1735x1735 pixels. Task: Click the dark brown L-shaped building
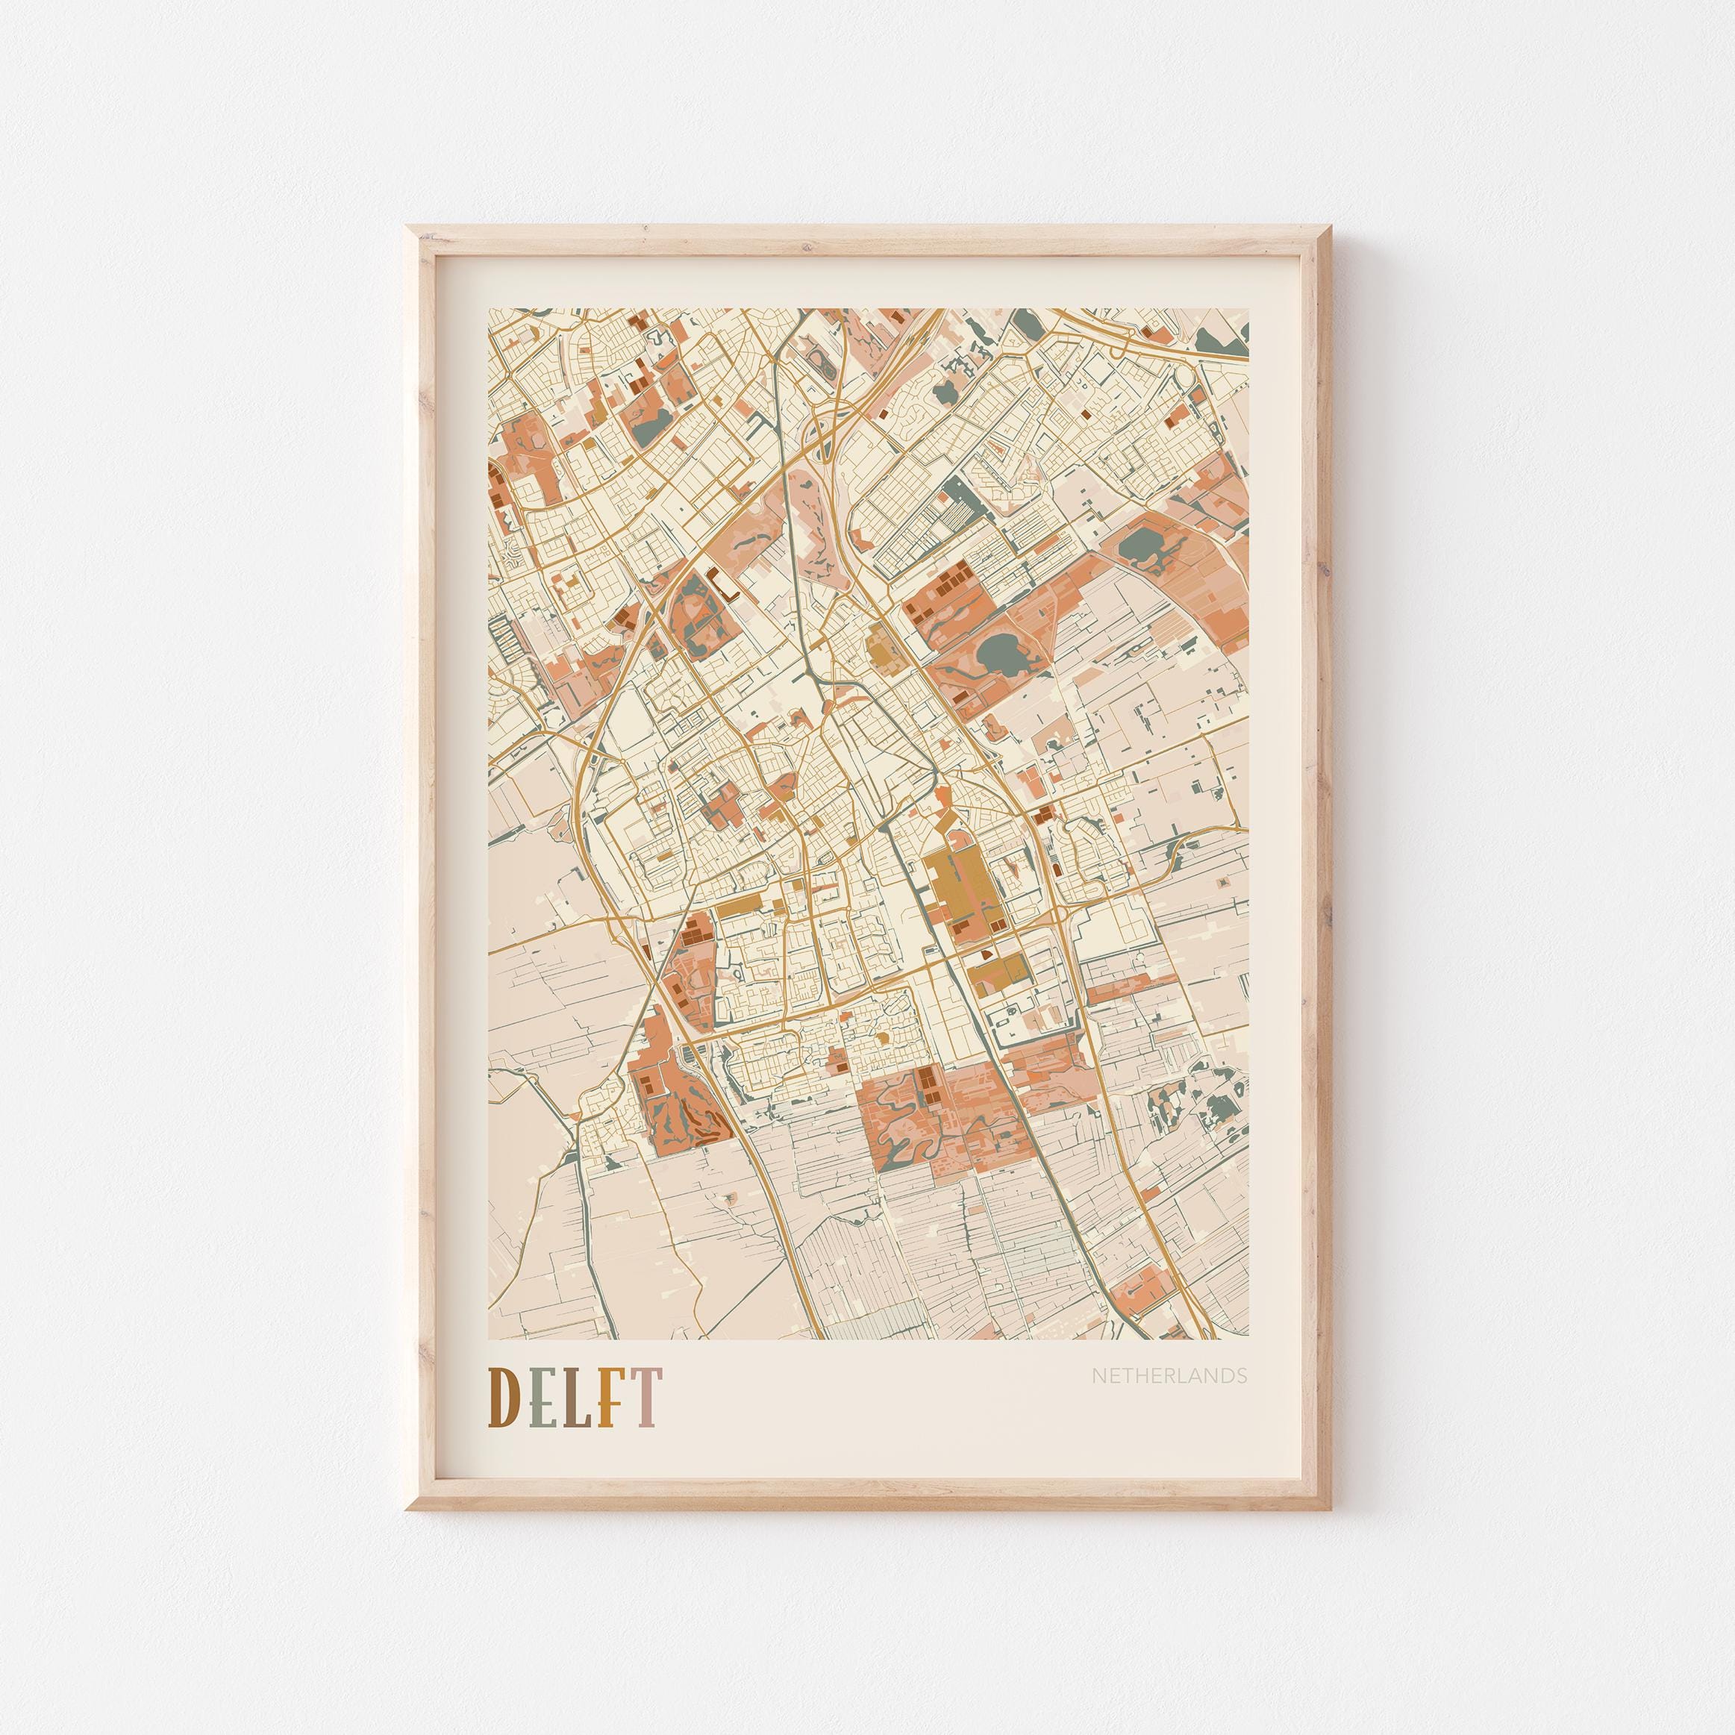724,584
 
